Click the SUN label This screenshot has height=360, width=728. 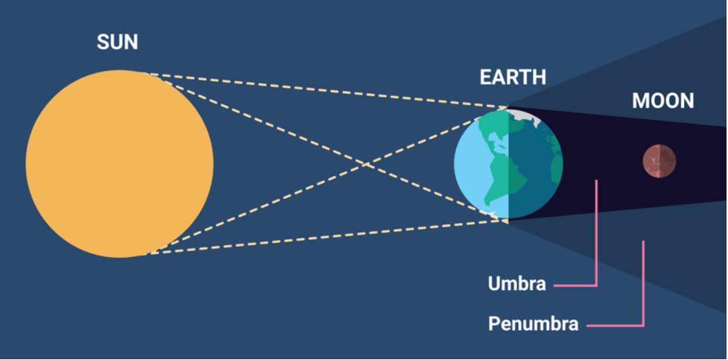tap(117, 42)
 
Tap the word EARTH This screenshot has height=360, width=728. tap(513, 78)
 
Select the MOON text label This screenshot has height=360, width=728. tap(662, 101)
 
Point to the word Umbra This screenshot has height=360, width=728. tap(516, 283)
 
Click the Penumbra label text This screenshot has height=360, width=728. tap(533, 323)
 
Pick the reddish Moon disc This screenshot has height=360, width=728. tap(659, 161)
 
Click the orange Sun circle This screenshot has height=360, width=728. tap(120, 163)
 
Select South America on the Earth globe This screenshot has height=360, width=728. tap(504, 179)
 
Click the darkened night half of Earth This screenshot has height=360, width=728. tap(536, 163)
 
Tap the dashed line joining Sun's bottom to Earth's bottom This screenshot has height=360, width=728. tap(327, 237)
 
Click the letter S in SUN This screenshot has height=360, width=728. tap(103, 42)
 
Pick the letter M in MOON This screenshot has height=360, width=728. tap(640, 101)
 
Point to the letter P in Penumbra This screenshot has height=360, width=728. tap(493, 323)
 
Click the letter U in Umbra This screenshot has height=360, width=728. tap(494, 283)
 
